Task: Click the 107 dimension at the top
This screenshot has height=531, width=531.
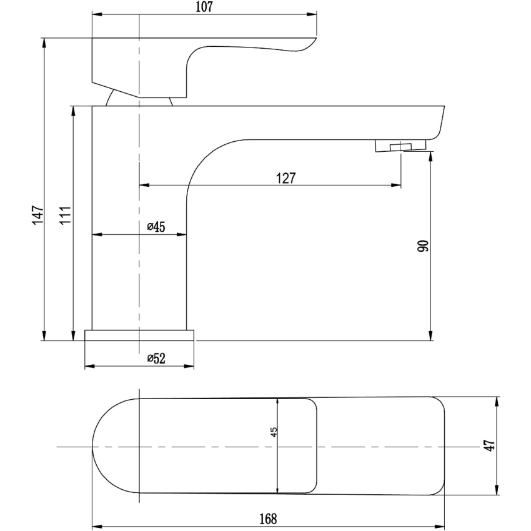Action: pyautogui.click(x=204, y=7)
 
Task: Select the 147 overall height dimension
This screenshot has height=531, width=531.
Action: pyautogui.click(x=37, y=215)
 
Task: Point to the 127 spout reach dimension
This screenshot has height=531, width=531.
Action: pyautogui.click(x=285, y=177)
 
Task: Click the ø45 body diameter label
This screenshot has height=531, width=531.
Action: pyautogui.click(x=156, y=227)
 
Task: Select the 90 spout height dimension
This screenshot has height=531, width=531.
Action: pyautogui.click(x=423, y=246)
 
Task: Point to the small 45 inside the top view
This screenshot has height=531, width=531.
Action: pyautogui.click(x=274, y=432)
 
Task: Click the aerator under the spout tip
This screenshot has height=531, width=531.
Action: pyautogui.click(x=400, y=147)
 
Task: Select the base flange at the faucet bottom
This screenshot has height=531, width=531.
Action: pyautogui.click(x=139, y=335)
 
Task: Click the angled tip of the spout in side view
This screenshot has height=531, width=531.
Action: pyautogui.click(x=440, y=122)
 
